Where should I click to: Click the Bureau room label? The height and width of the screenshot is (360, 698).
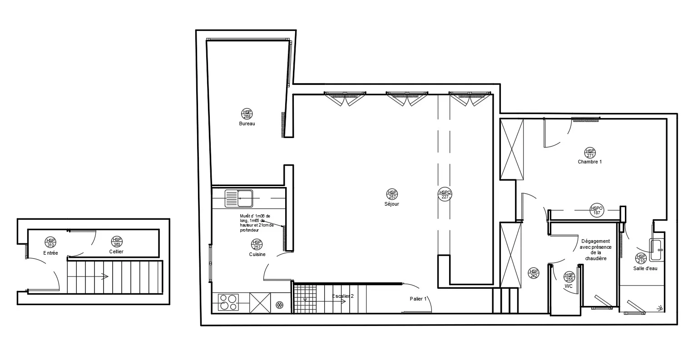(247, 123)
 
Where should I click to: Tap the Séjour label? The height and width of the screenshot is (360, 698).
(391, 204)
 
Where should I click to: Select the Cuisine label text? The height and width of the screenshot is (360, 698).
(257, 254)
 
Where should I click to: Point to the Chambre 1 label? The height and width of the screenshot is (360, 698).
(589, 162)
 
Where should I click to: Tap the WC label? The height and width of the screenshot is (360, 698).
(569, 286)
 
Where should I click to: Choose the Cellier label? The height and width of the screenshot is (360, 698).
(116, 252)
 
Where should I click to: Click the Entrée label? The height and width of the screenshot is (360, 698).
(50, 253)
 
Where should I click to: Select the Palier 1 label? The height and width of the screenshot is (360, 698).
(418, 299)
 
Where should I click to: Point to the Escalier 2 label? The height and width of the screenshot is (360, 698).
(342, 296)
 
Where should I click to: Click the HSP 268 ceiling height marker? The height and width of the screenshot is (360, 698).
(247, 114)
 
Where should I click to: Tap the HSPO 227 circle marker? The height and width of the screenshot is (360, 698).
(445, 194)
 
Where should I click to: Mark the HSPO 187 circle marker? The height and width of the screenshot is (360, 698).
(596, 210)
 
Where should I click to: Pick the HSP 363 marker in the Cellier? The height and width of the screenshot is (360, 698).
(117, 242)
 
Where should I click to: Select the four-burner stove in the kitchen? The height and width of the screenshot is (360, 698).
(228, 302)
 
